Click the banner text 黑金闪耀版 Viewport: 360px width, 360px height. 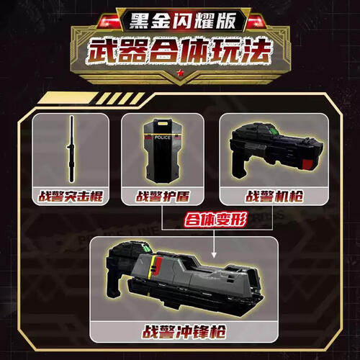(180, 17)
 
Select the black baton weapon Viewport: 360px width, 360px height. (72, 148)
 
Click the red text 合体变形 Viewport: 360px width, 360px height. (215, 220)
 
